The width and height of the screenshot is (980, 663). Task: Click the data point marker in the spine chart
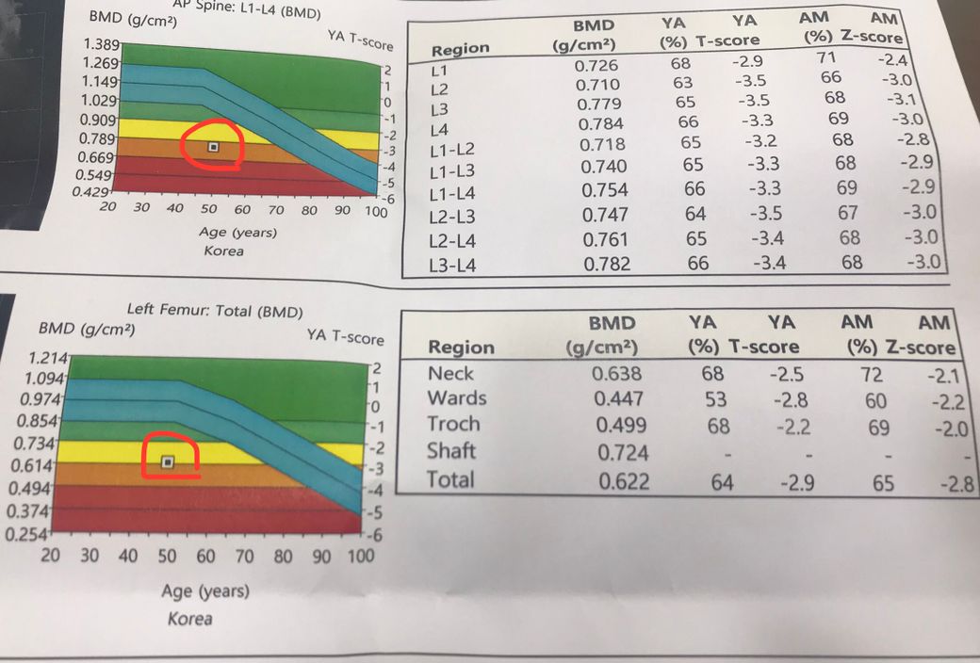tap(214, 147)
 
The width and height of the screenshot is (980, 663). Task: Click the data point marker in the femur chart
tap(168, 461)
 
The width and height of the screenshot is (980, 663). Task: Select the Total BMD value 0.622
tap(623, 480)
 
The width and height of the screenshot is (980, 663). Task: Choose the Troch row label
tap(453, 424)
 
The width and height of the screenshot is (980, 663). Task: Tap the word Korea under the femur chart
tap(189, 619)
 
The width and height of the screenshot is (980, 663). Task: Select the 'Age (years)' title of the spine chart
tap(237, 232)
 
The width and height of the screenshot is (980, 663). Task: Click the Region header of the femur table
tap(461, 347)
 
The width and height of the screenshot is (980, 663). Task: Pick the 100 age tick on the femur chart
tap(361, 556)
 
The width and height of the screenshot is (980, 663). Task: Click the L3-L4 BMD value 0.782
tap(608, 265)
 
